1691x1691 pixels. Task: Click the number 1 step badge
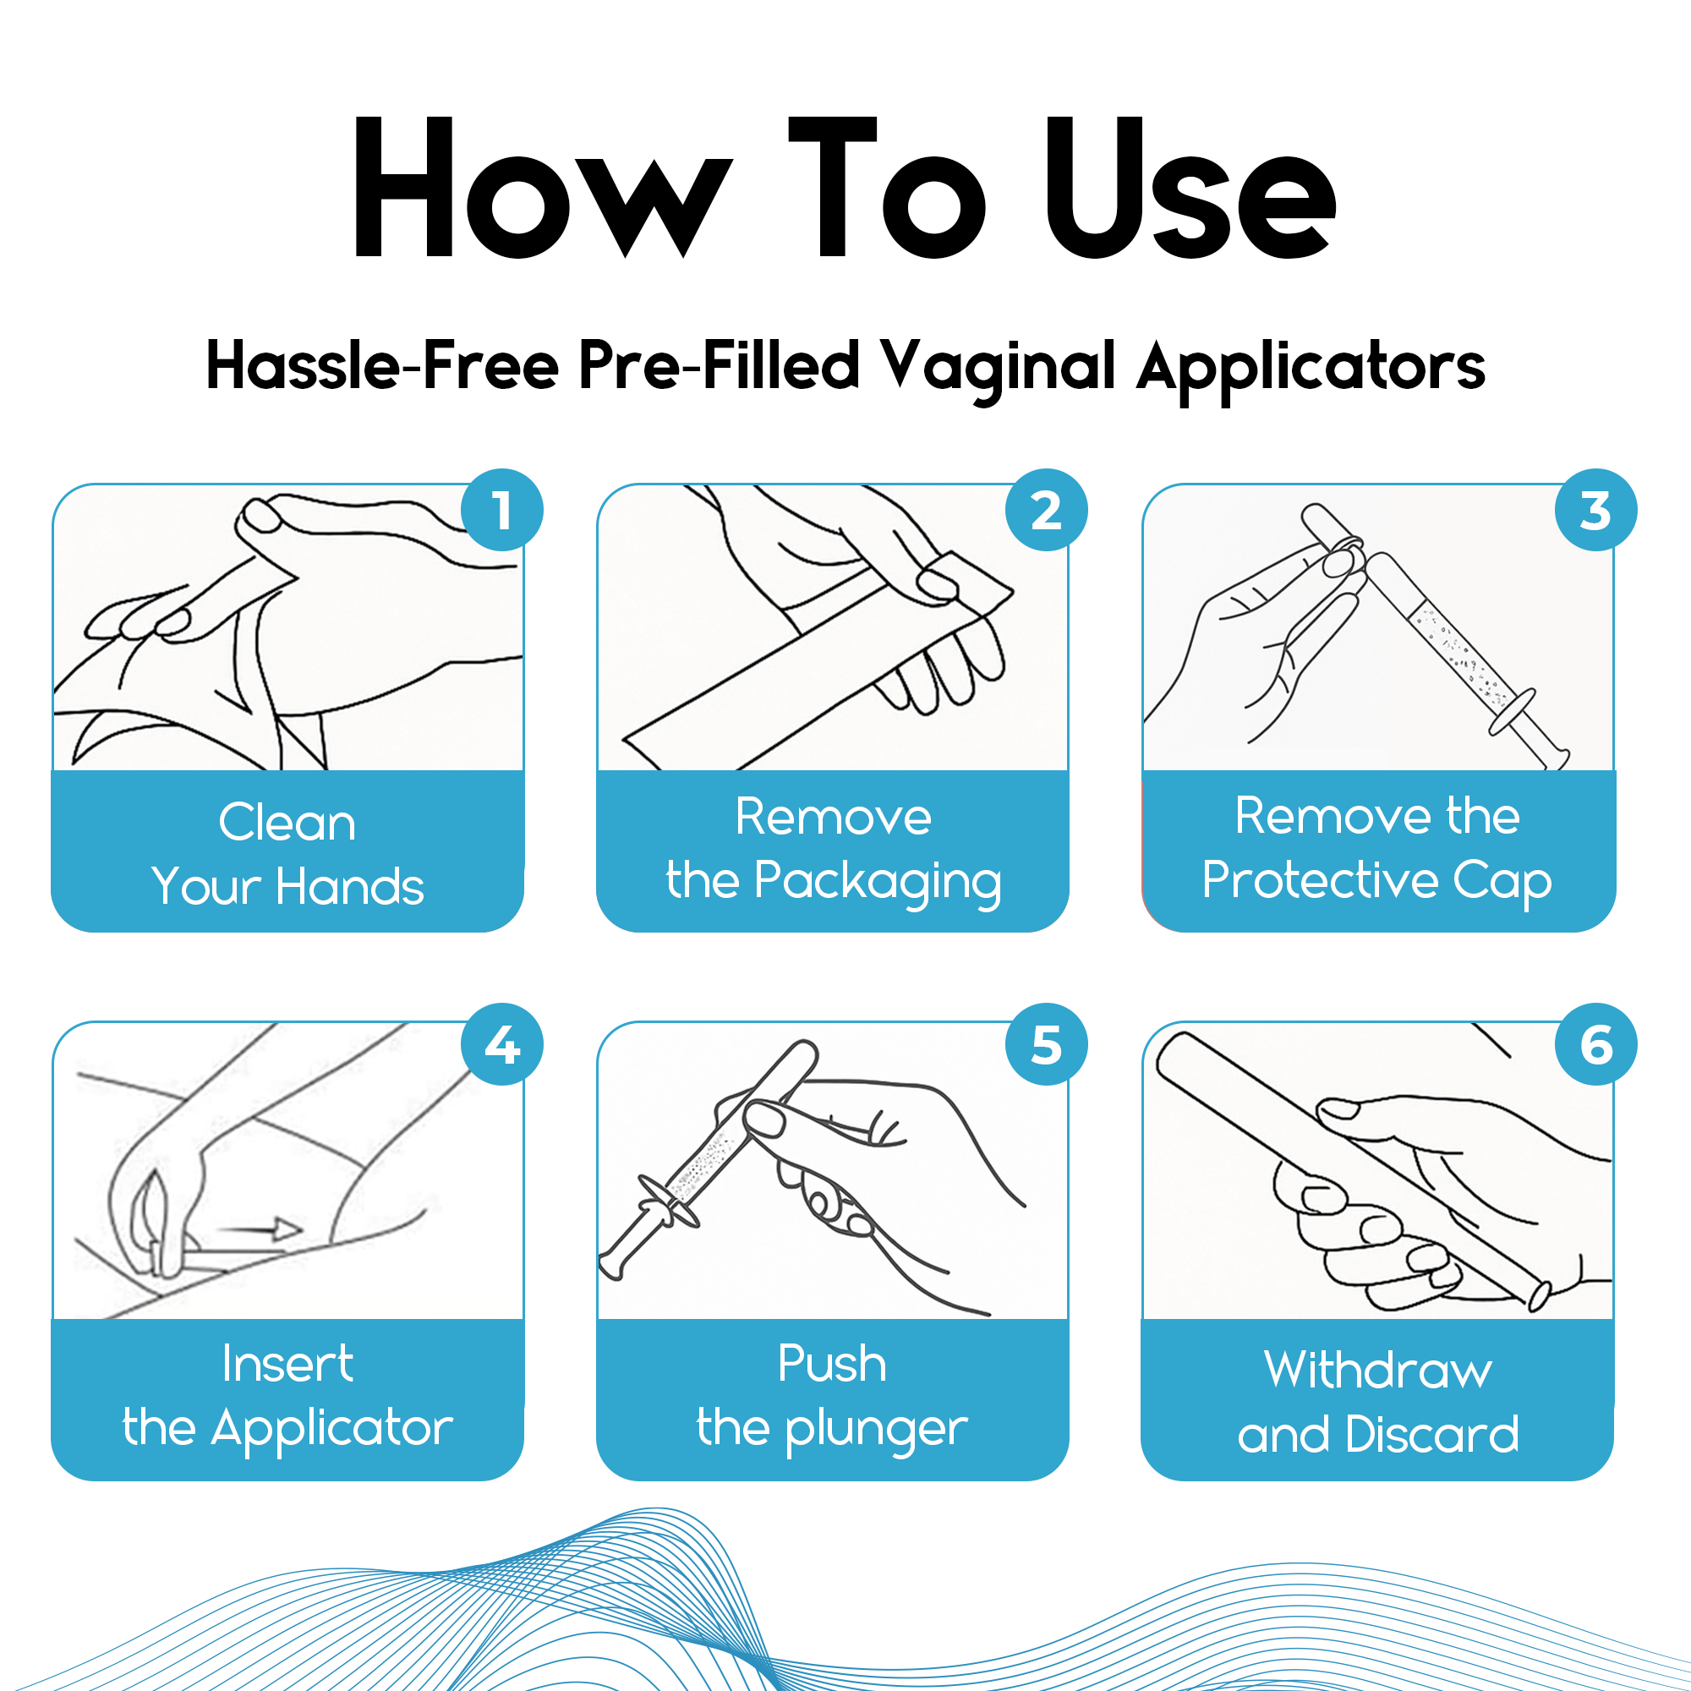501,511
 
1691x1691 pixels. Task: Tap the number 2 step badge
1046,511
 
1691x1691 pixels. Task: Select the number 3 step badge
1595,511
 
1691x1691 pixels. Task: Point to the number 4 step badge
501,1044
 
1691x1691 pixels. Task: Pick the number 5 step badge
1046,1044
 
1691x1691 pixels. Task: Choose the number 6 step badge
1595,1044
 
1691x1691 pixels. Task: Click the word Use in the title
1190,188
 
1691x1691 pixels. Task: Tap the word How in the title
543,188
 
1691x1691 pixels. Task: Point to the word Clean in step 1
287,823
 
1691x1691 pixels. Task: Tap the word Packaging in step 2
877,882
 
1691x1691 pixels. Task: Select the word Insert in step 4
287,1364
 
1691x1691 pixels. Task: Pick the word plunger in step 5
876,1431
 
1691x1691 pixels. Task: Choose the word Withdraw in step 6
1377,1370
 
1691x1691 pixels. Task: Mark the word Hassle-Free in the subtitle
382,366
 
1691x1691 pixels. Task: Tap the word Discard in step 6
1432,1435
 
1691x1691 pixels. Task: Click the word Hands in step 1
350,887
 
